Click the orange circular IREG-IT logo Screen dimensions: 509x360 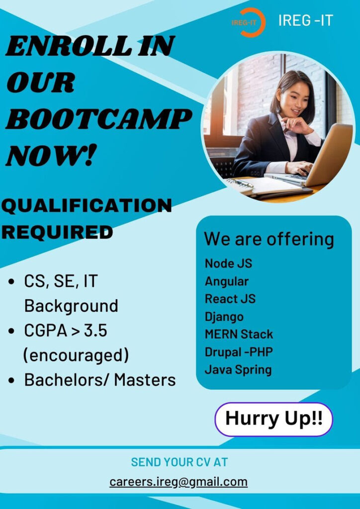pyautogui.click(x=248, y=22)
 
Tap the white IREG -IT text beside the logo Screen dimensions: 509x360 pyautogui.click(x=305, y=21)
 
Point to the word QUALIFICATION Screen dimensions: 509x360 pyautogui.click(x=87, y=205)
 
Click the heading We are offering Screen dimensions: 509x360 pyautogui.click(x=269, y=239)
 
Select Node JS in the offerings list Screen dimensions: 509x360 pyautogui.click(x=228, y=263)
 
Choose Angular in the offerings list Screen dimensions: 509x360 pyautogui.click(x=227, y=281)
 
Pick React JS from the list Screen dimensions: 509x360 pyautogui.click(x=230, y=299)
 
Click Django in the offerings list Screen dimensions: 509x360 pyautogui.click(x=224, y=317)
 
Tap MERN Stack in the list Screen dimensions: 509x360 pyautogui.click(x=239, y=334)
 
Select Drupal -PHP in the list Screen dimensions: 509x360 pyautogui.click(x=239, y=352)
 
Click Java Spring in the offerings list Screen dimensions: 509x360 pyautogui.click(x=238, y=370)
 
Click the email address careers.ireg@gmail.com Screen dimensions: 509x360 pyautogui.click(x=179, y=482)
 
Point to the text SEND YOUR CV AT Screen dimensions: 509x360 pyautogui.click(x=180, y=462)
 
